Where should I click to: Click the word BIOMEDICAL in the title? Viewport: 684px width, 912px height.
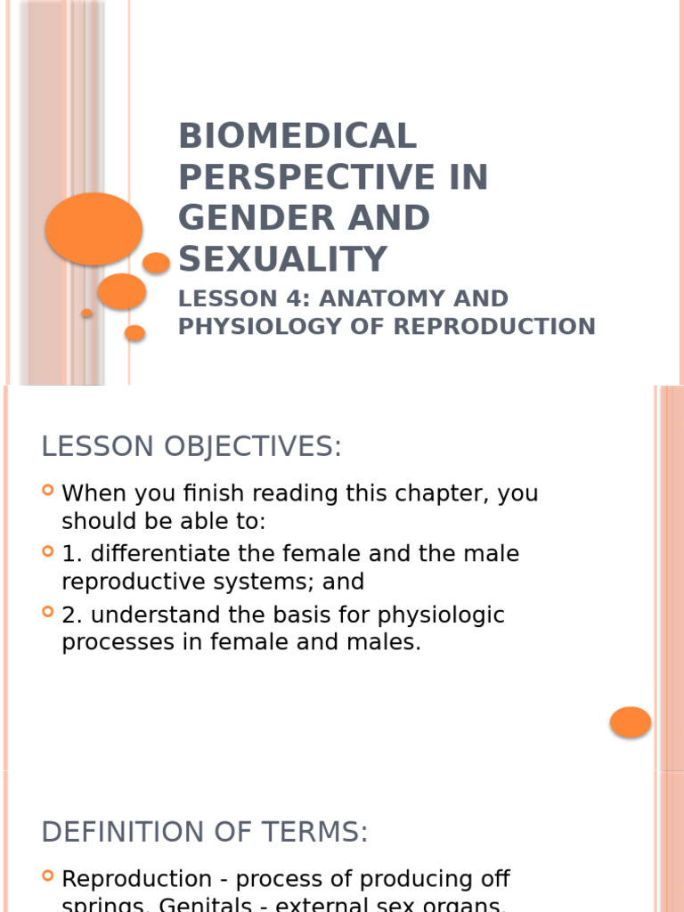point(297,136)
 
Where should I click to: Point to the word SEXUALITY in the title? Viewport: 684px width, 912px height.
point(283,259)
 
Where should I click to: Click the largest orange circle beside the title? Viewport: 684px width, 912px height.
point(94,229)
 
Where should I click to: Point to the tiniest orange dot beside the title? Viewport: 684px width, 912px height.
point(87,313)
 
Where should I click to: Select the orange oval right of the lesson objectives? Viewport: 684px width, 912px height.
point(631,722)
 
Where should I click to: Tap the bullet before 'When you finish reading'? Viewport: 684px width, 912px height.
point(49,491)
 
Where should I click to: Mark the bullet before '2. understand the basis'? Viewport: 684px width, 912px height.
point(49,613)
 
